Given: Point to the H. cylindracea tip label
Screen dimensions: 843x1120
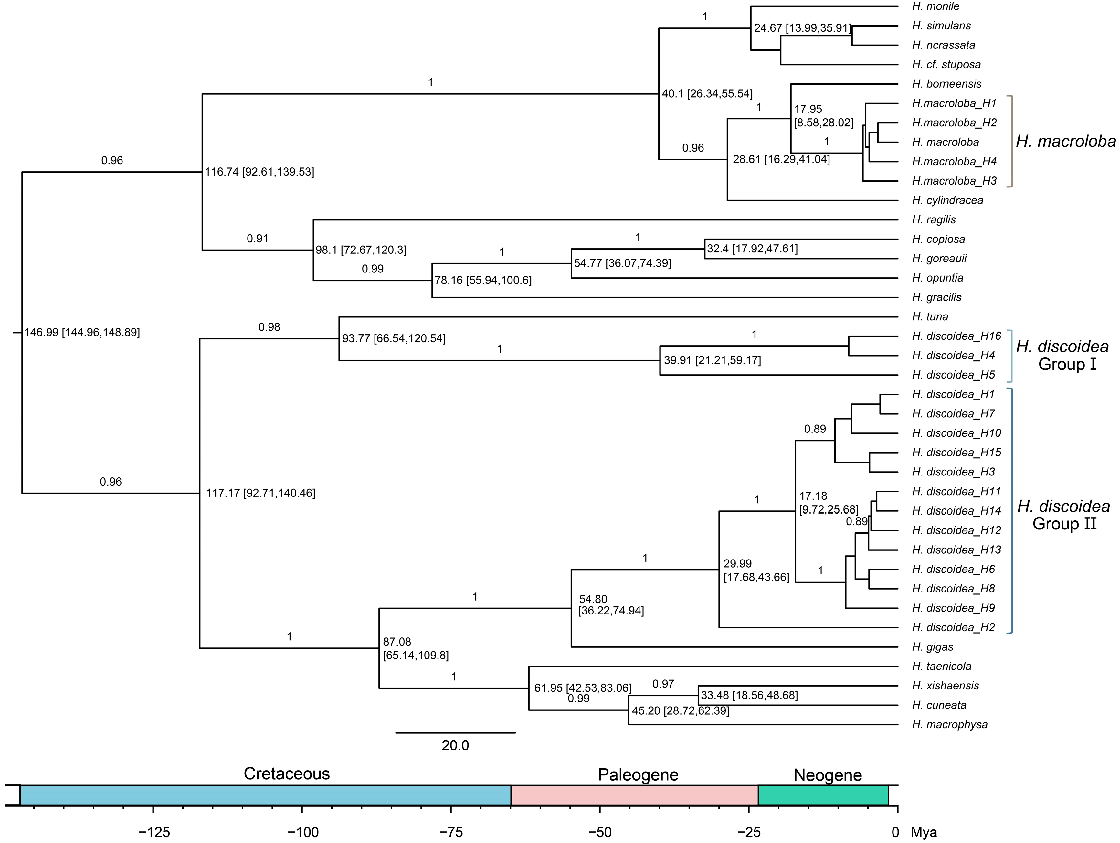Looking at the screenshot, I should click(x=947, y=201).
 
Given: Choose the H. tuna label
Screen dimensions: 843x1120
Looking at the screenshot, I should click(x=930, y=317).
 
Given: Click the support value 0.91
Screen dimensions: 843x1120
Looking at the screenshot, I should click(x=257, y=239).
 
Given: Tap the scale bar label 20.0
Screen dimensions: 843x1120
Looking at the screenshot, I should click(x=455, y=746).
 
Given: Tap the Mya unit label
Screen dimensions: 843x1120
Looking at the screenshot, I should click(x=924, y=832).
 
